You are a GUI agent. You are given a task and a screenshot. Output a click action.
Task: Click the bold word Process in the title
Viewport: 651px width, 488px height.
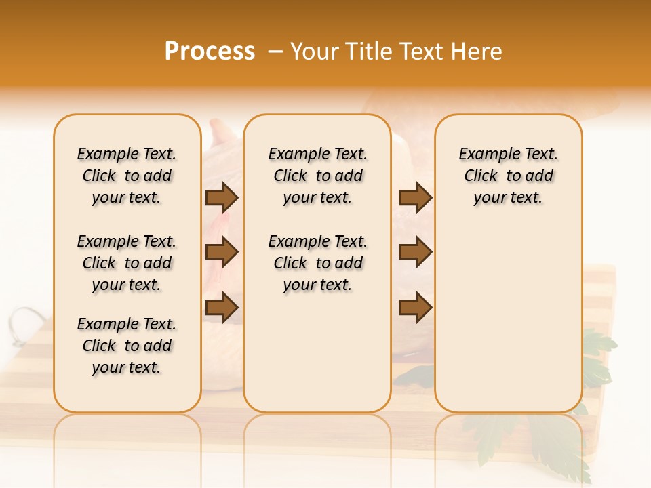[x=210, y=52]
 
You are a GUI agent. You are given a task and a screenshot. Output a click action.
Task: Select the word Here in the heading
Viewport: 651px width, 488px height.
[x=477, y=52]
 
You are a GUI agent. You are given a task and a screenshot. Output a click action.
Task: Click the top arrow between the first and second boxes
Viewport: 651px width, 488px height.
[x=222, y=197]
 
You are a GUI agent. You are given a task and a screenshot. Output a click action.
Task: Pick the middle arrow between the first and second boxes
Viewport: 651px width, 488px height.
[x=222, y=252]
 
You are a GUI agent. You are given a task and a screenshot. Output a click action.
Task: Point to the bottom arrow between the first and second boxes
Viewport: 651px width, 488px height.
[x=222, y=307]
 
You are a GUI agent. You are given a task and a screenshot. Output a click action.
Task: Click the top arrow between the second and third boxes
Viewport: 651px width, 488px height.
[x=415, y=197]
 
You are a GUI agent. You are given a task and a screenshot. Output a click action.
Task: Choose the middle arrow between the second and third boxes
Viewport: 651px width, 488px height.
[x=415, y=252]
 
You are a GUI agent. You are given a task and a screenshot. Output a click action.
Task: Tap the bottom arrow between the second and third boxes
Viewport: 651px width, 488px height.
[x=415, y=307]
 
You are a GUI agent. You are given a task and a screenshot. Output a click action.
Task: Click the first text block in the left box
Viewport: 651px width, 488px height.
[x=127, y=176]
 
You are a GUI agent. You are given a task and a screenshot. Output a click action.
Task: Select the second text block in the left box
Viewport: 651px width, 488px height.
[x=127, y=263]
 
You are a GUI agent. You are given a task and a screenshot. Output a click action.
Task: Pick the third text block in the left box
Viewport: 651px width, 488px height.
[x=127, y=346]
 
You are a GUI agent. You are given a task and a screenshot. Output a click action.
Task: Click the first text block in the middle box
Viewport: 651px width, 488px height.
[x=318, y=176]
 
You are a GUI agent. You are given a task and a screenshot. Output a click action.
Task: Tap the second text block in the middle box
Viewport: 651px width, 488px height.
[x=318, y=263]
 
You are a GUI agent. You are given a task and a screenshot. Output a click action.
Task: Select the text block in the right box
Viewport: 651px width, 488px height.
[x=509, y=176]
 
